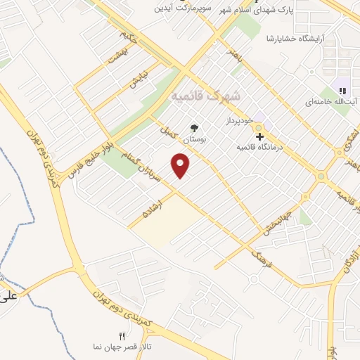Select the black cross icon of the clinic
[259, 136]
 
